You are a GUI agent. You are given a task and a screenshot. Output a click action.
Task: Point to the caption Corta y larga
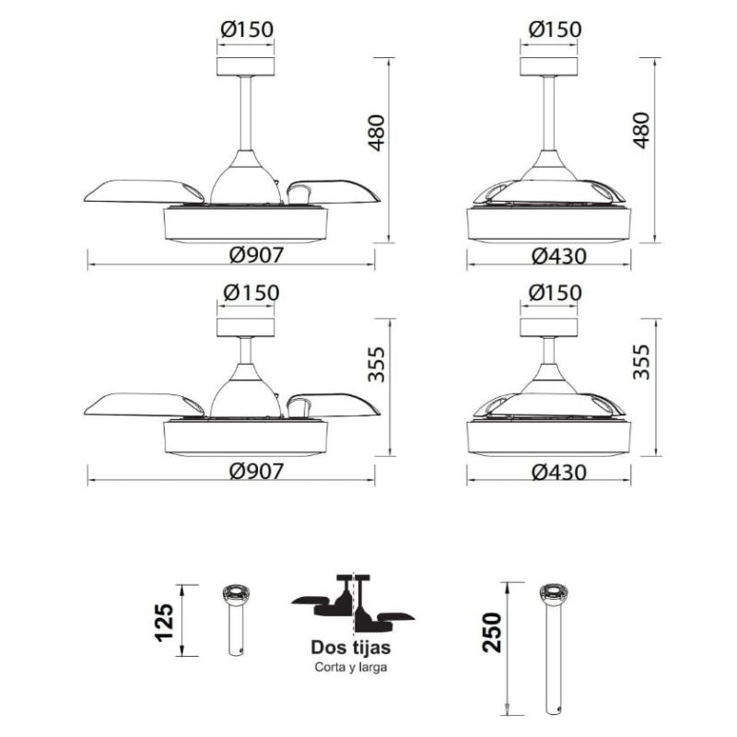(350, 668)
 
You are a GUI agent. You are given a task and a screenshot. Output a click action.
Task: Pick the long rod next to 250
(555, 649)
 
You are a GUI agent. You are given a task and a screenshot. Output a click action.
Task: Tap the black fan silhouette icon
(353, 604)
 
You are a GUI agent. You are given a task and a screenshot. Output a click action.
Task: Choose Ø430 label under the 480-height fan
(557, 256)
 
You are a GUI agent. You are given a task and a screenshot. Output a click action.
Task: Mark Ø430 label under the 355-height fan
(557, 471)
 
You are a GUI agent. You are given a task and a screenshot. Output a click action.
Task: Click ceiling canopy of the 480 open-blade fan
(245, 66)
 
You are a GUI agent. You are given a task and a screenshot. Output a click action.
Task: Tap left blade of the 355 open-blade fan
(143, 405)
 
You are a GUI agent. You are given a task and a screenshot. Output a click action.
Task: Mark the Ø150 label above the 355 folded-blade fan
(555, 292)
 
